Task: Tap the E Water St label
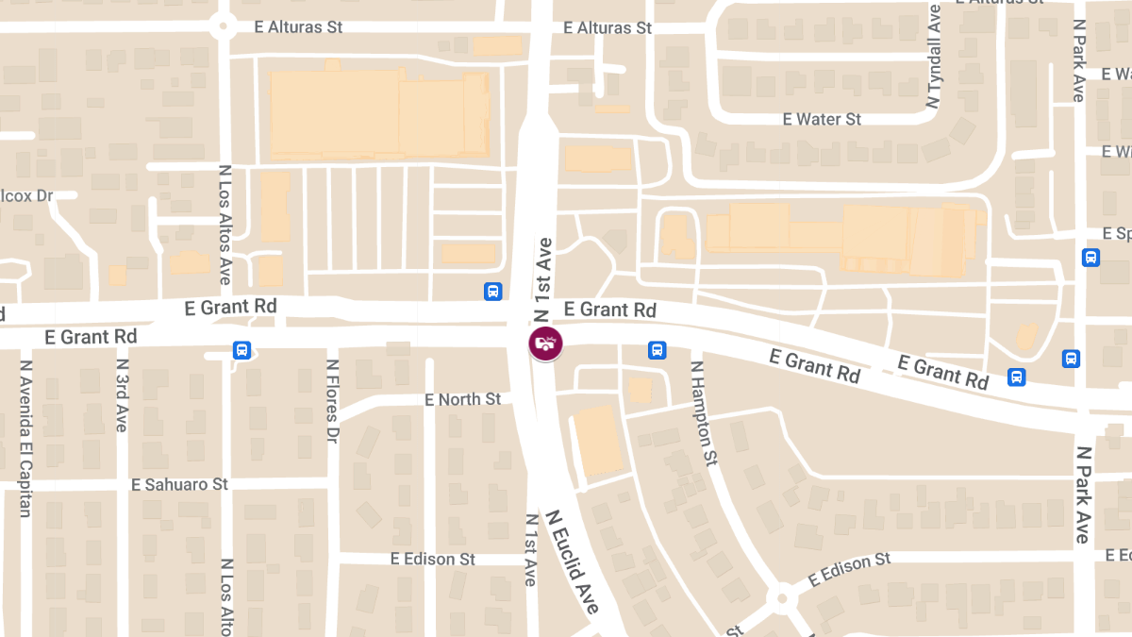tap(822, 119)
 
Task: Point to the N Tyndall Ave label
tap(935, 57)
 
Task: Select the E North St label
tap(462, 399)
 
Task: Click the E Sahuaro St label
tap(179, 484)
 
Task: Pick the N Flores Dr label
tap(332, 401)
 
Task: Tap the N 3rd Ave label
tap(122, 394)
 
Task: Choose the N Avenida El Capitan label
tap(25, 439)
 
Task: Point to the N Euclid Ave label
tap(573, 562)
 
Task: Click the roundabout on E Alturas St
tap(224, 25)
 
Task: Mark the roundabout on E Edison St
tap(781, 597)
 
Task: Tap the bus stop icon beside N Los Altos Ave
tap(241, 351)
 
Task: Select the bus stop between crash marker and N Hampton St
tap(657, 350)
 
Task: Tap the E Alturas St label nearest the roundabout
tap(298, 26)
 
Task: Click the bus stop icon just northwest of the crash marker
tap(492, 292)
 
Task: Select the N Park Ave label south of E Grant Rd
tap(1083, 495)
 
